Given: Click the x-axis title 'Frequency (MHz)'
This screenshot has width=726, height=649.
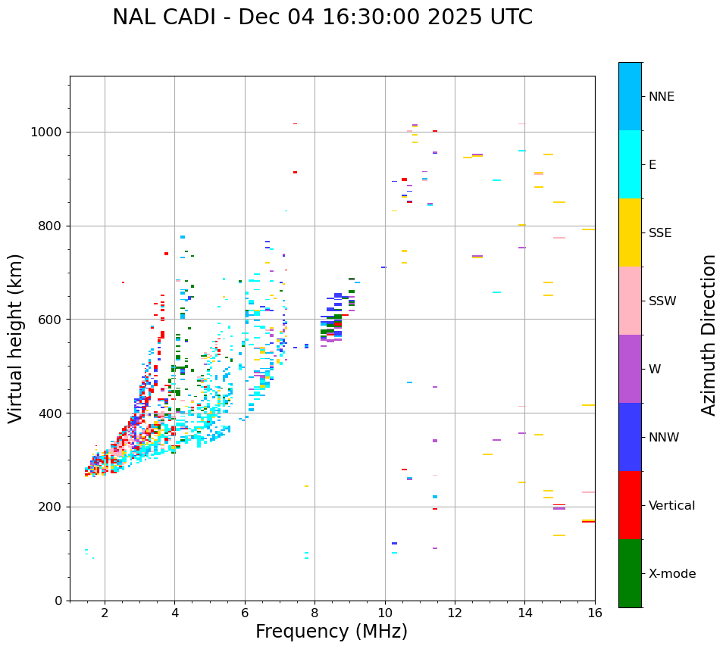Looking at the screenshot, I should point(331,632).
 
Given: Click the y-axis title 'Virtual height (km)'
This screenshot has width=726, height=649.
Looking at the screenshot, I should point(16,339).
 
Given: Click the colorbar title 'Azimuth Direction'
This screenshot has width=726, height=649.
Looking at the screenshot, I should point(709,335).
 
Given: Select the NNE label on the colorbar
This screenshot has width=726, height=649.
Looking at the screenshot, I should point(661,97).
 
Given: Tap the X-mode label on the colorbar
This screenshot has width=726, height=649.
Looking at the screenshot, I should point(671,574).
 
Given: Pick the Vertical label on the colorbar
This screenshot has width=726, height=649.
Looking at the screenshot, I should point(671,506).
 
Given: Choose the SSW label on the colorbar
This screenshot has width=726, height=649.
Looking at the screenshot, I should point(662,301).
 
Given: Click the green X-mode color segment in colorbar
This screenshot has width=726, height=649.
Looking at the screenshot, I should point(630,573).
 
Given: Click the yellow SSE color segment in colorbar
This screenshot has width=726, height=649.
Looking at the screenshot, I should point(630,232).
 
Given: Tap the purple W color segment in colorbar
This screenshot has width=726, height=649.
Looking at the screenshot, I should point(630,369).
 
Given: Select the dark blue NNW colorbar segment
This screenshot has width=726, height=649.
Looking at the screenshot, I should point(630,437).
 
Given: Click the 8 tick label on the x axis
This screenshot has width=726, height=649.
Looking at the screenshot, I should point(314,613).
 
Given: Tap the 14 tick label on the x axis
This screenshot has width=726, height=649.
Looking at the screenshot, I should point(524,613).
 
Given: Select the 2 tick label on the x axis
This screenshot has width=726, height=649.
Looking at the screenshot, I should point(105,613).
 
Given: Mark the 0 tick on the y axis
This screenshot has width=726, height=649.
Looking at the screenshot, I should point(59,601).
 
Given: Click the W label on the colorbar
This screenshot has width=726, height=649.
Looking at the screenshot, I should point(655,370).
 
